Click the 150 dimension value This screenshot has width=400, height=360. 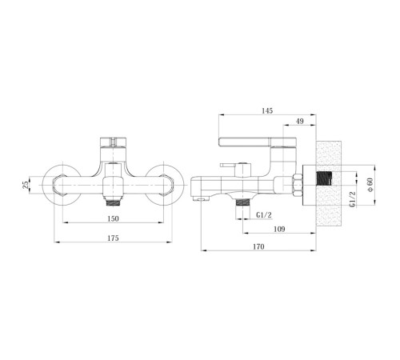click(113, 218)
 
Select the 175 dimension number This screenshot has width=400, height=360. click(113, 238)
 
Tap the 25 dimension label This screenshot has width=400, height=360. click(25, 185)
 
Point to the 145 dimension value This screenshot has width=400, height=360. click(267, 110)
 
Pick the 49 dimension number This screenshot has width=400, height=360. click(300, 121)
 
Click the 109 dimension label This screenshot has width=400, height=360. click(279, 229)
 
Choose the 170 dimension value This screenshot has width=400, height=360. click(258, 246)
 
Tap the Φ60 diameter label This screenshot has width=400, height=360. click(370, 185)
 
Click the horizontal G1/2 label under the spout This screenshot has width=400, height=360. click(264, 214)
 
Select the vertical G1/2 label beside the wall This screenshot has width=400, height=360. click(352, 199)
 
